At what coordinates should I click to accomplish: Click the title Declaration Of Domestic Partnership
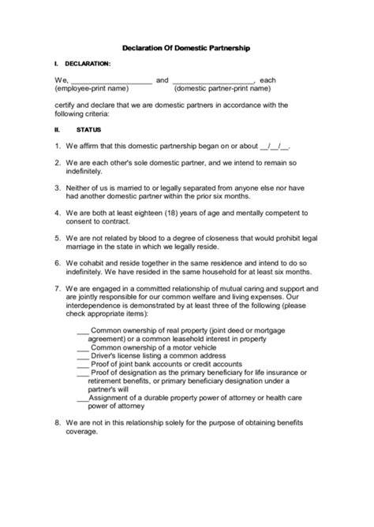tap(187, 48)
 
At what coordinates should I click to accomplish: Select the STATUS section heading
tap(88, 128)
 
